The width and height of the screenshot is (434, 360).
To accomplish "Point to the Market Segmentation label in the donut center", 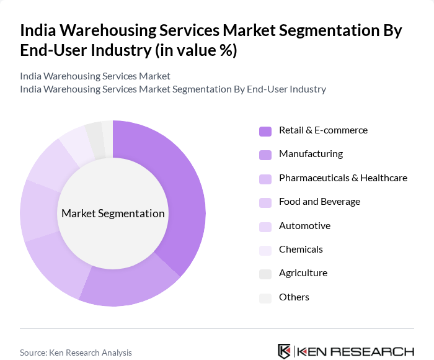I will (113, 214).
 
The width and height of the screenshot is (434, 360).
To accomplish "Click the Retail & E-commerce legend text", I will (323, 130).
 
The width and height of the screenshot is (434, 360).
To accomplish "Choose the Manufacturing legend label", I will (311, 154).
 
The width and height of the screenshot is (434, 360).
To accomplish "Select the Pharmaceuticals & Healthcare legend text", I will (343, 178).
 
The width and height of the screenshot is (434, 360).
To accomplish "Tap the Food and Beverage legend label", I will (319, 202).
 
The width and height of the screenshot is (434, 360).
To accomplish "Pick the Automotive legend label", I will (304, 226).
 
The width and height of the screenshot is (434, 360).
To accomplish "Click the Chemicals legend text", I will (301, 250).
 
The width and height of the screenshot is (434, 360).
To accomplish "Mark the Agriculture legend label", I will (303, 273).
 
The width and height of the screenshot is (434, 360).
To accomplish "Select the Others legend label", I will (294, 297).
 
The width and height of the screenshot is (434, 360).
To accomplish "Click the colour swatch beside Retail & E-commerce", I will (265, 131).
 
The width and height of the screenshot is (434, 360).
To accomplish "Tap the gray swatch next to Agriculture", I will (265, 274).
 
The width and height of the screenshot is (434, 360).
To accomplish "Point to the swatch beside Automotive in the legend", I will (265, 227).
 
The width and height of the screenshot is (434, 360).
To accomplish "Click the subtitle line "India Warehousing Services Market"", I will (95, 76).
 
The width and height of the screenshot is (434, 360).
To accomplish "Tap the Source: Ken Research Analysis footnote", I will (76, 353).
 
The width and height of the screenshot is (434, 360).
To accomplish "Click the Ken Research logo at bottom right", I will (346, 351).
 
